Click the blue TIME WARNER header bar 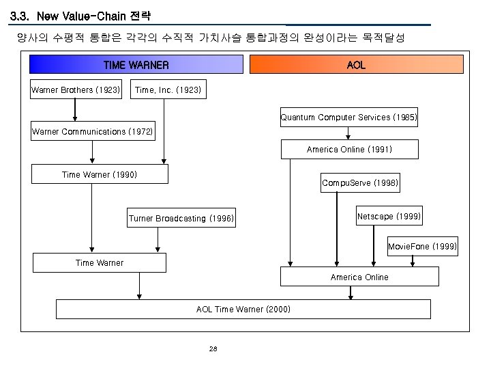136,65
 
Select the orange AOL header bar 356,65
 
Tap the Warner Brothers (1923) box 76,90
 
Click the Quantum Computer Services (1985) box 348,118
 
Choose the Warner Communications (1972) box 93,131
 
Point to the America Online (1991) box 349,150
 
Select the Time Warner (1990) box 100,175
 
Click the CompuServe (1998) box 360,183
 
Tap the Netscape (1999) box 389,216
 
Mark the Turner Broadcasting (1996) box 181,219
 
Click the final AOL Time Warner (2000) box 243,310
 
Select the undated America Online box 359,277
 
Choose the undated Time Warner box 100,262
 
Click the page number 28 213,349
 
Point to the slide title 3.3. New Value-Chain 81,15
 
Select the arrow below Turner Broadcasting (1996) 158,239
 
